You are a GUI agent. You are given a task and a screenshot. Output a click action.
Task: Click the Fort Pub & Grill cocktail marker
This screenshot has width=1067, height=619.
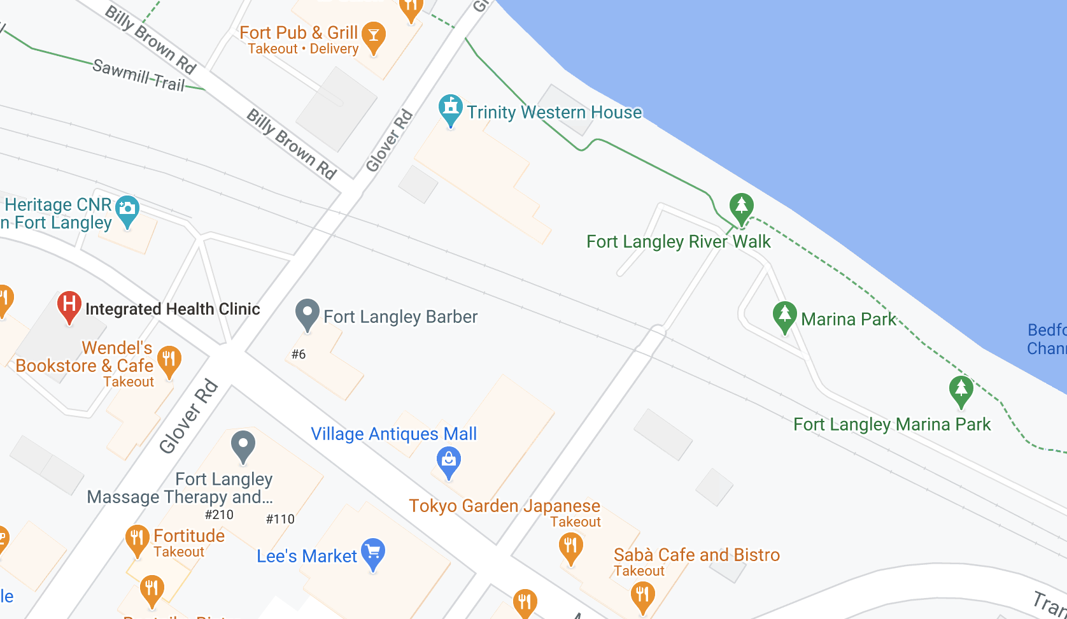pyautogui.click(x=374, y=36)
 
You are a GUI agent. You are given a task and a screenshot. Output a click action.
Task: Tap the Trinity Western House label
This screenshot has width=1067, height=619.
pyautogui.click(x=554, y=112)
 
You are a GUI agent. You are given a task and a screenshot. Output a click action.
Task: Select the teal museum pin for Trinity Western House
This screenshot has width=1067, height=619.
pyautogui.click(x=451, y=109)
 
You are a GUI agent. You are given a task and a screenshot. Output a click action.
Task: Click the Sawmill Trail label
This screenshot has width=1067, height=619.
pyautogui.click(x=139, y=75)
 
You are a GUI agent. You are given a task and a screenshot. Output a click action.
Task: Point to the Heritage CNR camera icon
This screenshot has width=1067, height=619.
pyautogui.click(x=127, y=209)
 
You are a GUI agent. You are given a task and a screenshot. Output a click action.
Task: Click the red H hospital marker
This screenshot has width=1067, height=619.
pyautogui.click(x=69, y=305)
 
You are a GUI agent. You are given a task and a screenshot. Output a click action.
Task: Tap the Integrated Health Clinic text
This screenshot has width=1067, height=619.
pyautogui.click(x=173, y=309)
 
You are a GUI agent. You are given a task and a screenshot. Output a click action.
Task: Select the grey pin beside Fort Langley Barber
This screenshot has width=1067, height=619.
pyautogui.click(x=307, y=313)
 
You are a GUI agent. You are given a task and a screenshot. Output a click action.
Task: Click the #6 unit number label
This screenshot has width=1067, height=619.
pyautogui.click(x=299, y=354)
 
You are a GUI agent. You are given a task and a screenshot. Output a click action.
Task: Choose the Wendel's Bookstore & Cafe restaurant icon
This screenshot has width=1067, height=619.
pyautogui.click(x=169, y=360)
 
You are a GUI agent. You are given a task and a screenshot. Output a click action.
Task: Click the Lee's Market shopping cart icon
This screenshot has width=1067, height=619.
pyautogui.click(x=373, y=552)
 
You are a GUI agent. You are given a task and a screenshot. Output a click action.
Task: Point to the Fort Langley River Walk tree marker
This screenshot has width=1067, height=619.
pyautogui.click(x=741, y=207)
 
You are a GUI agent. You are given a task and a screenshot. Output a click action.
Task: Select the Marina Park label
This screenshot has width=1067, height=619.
pyautogui.click(x=848, y=319)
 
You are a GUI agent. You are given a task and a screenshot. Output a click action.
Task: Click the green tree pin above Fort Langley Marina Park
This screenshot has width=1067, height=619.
pyautogui.click(x=961, y=390)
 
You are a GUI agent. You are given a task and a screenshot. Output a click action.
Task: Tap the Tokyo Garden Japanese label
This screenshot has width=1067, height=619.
pyautogui.click(x=504, y=506)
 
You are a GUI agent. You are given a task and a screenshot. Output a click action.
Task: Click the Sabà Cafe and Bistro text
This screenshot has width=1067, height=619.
pyautogui.click(x=696, y=555)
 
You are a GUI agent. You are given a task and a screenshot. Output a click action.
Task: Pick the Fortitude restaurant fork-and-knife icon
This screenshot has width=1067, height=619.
pyautogui.click(x=137, y=539)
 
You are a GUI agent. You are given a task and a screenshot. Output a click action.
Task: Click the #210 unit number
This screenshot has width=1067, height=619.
pyautogui.click(x=219, y=515)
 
